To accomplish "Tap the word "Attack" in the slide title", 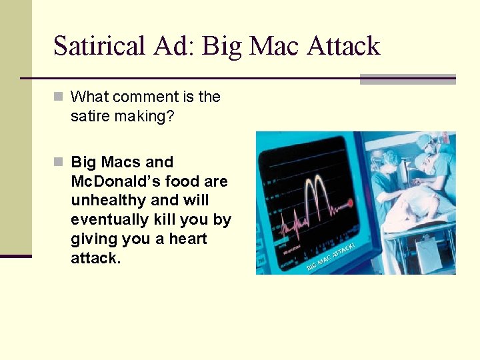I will [x=343, y=46].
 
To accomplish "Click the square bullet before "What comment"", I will [x=58, y=97].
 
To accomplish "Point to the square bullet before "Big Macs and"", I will [x=58, y=162].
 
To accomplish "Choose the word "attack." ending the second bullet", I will [x=96, y=258].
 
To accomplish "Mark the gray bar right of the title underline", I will [x=407, y=79].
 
